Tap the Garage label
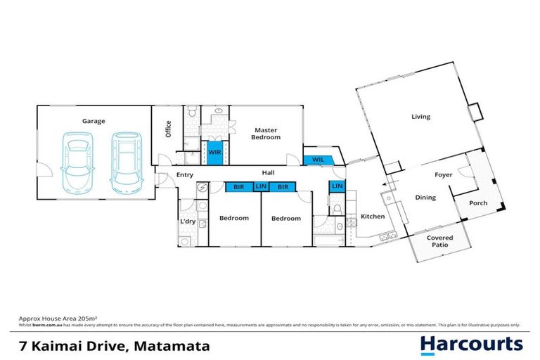pos(94,121)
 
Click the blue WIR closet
pos(214,151)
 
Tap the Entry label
pos(185,174)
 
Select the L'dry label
pos(187,222)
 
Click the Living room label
pos(420,117)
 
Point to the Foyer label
pos(443,175)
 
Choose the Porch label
pos(478,204)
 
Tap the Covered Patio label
pos(440,242)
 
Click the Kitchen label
pos(373,217)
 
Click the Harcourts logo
pos(471,344)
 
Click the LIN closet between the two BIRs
pos(261,187)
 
